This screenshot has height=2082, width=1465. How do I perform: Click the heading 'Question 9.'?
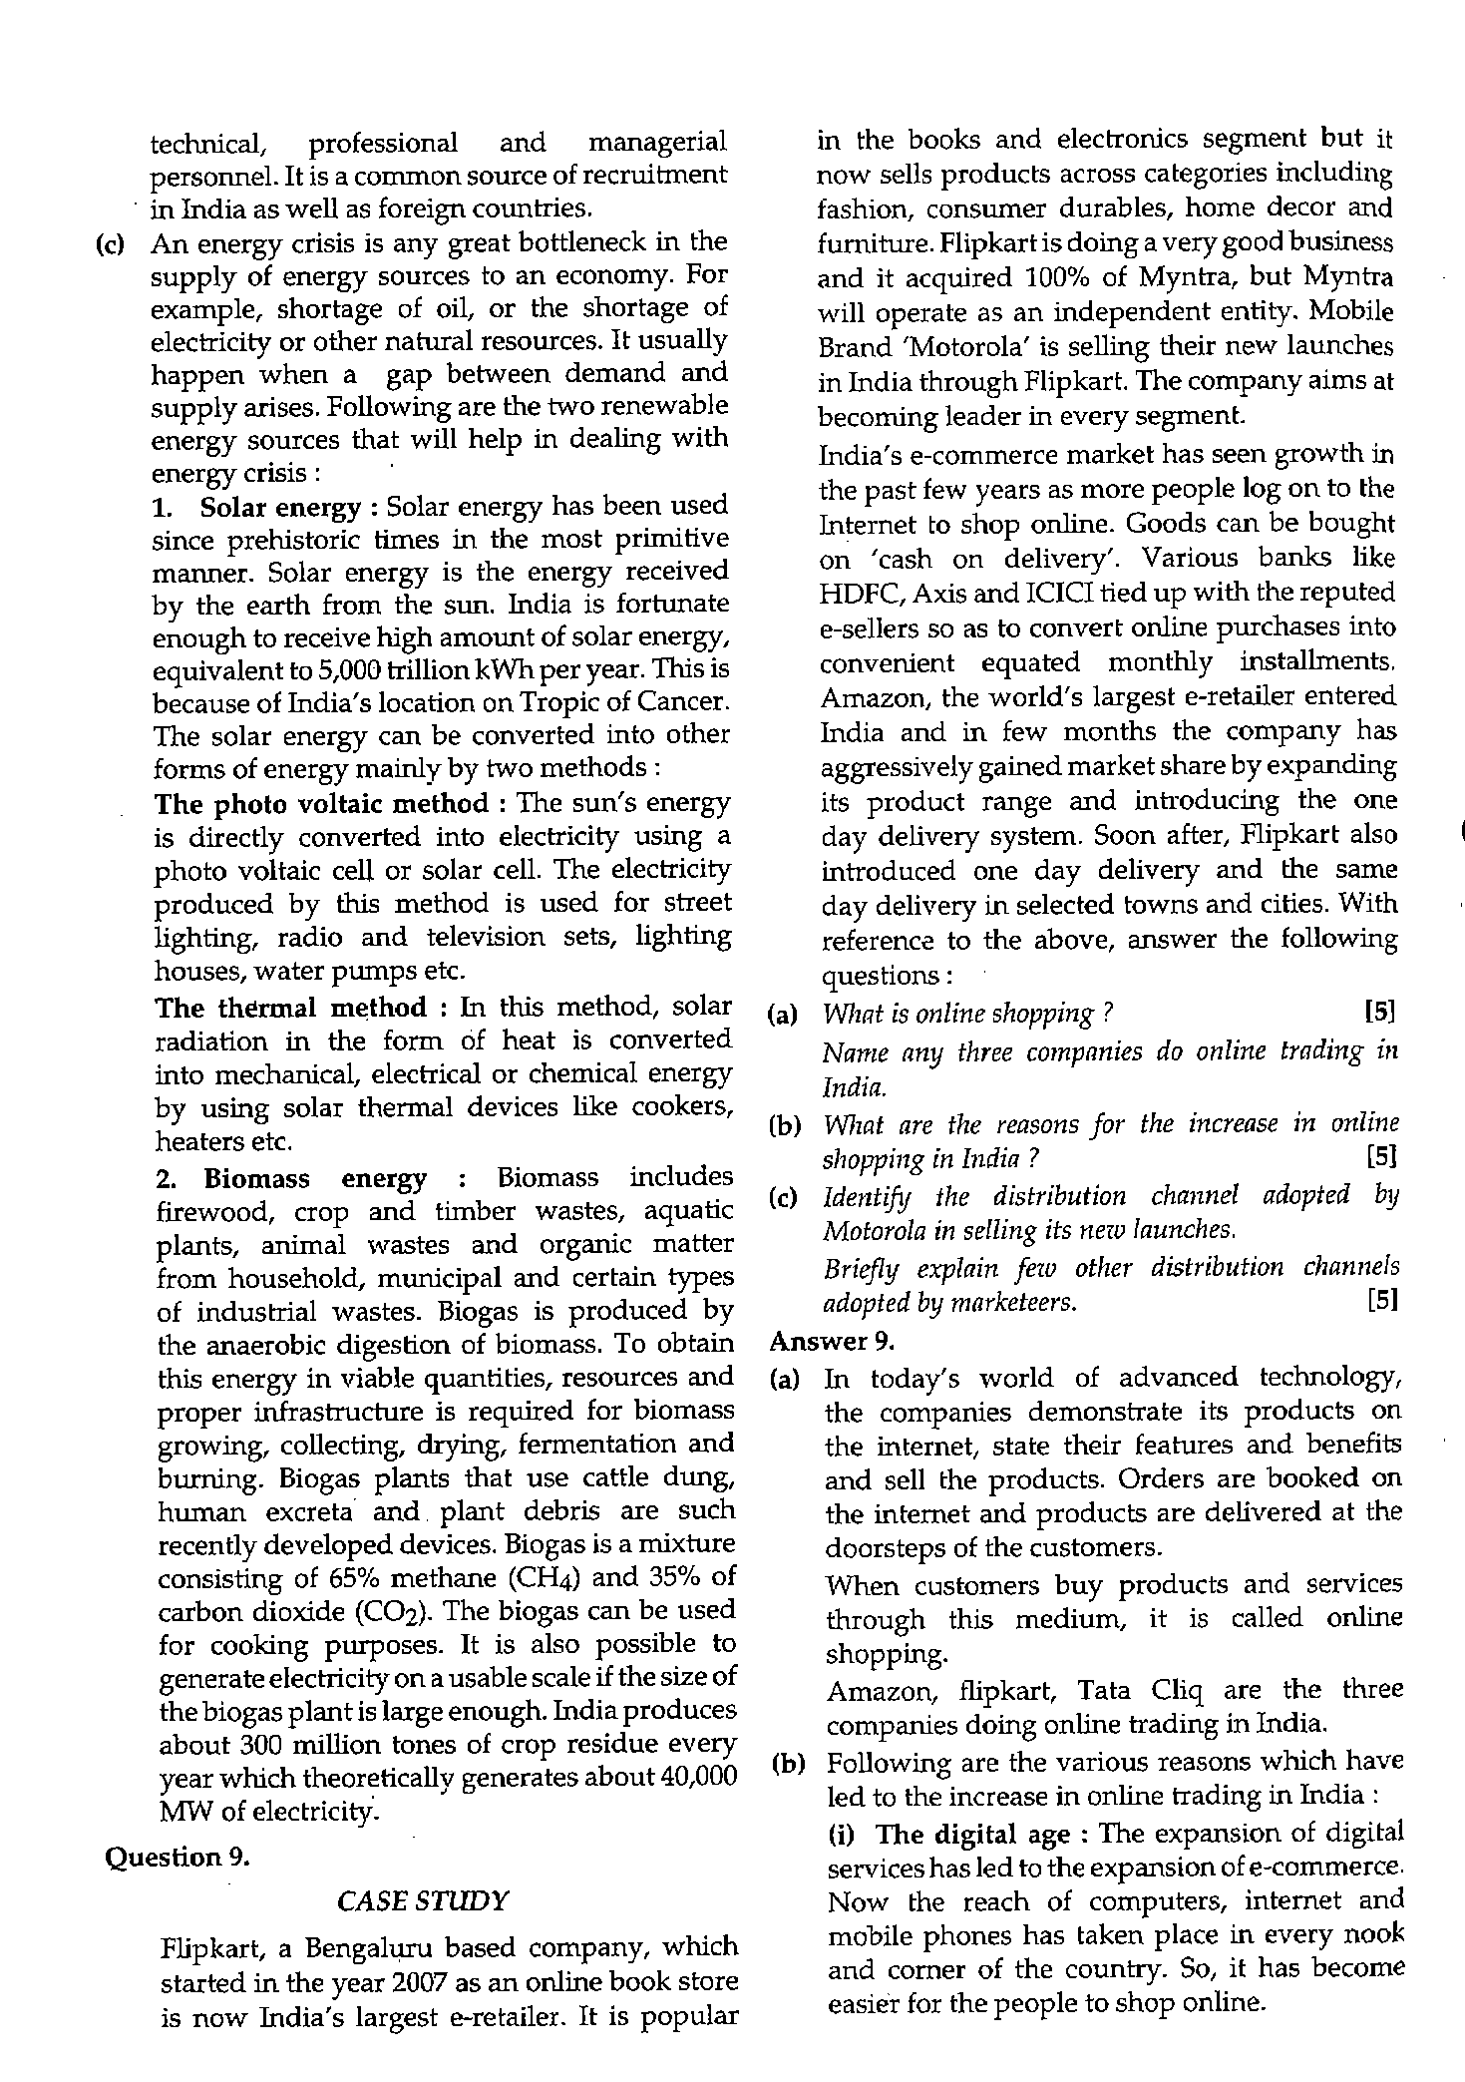[x=177, y=1857]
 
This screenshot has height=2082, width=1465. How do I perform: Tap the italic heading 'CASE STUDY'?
[x=423, y=1900]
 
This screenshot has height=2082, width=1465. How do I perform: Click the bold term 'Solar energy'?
[x=280, y=507]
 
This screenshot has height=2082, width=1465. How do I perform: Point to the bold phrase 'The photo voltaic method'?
[x=321, y=803]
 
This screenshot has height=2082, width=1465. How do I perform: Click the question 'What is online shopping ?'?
[x=966, y=1014]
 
